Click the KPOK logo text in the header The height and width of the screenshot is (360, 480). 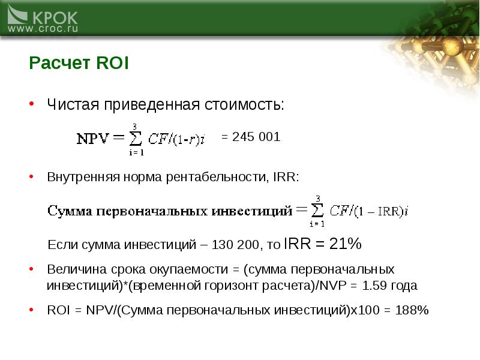(x=55, y=18)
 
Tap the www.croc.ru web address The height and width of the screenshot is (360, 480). (x=43, y=29)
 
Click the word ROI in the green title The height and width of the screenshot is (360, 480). (x=112, y=63)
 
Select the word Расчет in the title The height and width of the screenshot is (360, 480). (x=59, y=63)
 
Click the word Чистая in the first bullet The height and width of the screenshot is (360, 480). (x=73, y=104)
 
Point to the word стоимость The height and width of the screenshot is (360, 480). (x=244, y=104)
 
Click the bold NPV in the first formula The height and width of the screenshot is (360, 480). (x=93, y=139)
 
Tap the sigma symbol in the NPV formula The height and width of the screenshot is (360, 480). (x=136, y=139)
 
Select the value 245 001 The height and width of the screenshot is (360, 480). (x=256, y=137)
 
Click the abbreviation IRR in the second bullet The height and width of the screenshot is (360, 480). (x=284, y=177)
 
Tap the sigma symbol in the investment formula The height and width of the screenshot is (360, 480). (x=317, y=211)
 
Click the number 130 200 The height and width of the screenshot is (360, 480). (x=235, y=245)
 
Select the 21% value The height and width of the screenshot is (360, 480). (x=346, y=244)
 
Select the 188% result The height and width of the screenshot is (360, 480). (x=412, y=310)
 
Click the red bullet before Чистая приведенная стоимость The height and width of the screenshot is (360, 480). (x=31, y=104)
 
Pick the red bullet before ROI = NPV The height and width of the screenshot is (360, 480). (x=31, y=310)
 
